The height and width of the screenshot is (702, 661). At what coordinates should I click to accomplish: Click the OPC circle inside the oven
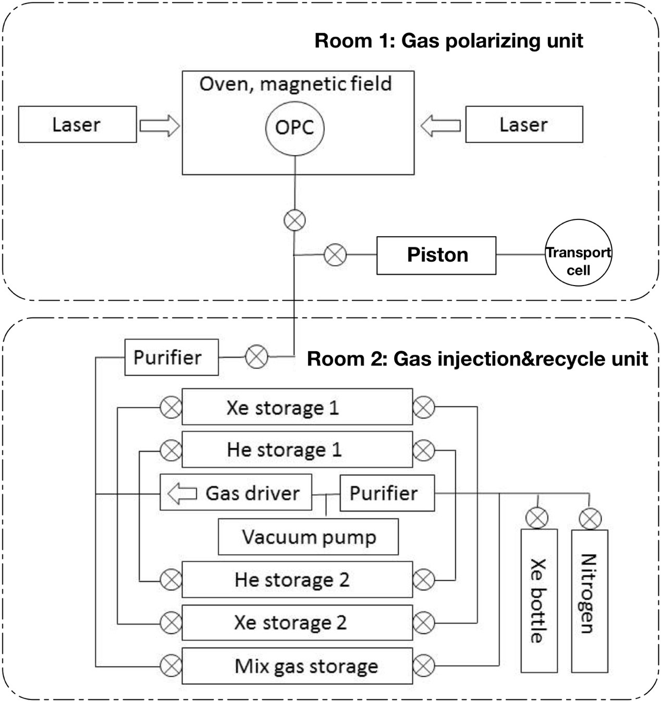tap(295, 127)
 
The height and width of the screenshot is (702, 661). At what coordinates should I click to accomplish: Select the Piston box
tap(436, 255)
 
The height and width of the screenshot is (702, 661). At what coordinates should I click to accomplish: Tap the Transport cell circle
tap(578, 253)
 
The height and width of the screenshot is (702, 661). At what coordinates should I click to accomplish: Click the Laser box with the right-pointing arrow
tap(77, 125)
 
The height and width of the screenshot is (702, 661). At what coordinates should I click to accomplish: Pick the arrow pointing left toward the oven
tap(440, 126)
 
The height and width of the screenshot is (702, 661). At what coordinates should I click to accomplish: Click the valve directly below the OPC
tap(295, 220)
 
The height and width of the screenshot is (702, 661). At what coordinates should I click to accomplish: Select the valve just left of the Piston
tap(335, 255)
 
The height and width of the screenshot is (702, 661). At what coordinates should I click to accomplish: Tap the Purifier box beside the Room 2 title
tap(172, 358)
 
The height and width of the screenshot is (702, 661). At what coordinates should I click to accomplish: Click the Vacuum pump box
tap(308, 537)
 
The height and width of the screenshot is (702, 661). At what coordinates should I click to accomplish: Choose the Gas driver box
tap(236, 492)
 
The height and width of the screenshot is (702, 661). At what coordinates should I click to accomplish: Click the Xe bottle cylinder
tap(539, 600)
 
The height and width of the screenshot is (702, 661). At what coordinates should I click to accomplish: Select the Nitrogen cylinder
tap(590, 600)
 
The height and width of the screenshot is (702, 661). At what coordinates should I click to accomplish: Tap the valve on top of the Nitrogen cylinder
tap(590, 519)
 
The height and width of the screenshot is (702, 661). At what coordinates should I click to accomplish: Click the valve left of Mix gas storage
tap(170, 666)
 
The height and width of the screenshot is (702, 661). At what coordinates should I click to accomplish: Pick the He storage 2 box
tap(297, 580)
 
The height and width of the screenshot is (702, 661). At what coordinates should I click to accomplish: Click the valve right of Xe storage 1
tap(423, 407)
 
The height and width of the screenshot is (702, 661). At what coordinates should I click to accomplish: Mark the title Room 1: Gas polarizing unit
tap(448, 41)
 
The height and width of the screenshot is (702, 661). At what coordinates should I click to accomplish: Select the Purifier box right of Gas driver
tap(387, 493)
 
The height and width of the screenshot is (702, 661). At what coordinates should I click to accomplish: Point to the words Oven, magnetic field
tap(296, 84)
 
